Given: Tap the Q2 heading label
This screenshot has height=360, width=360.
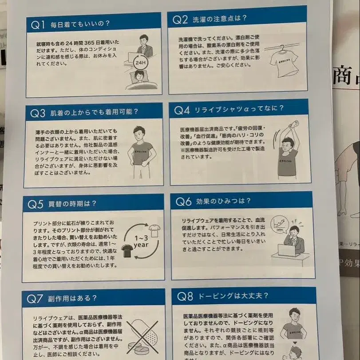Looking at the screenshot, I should click(x=180, y=20).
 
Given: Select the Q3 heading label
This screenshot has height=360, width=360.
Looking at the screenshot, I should click(x=38, y=113).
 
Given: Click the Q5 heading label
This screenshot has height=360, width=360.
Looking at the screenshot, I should click(x=36, y=204).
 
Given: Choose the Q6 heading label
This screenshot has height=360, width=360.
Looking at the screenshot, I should click(x=183, y=202).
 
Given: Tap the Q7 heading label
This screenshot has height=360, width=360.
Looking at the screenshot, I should click(x=35, y=298).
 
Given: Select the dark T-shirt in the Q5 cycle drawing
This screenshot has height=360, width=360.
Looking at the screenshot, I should click(x=127, y=251).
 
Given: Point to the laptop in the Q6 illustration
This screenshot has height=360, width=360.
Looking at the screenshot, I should click(x=287, y=250).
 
